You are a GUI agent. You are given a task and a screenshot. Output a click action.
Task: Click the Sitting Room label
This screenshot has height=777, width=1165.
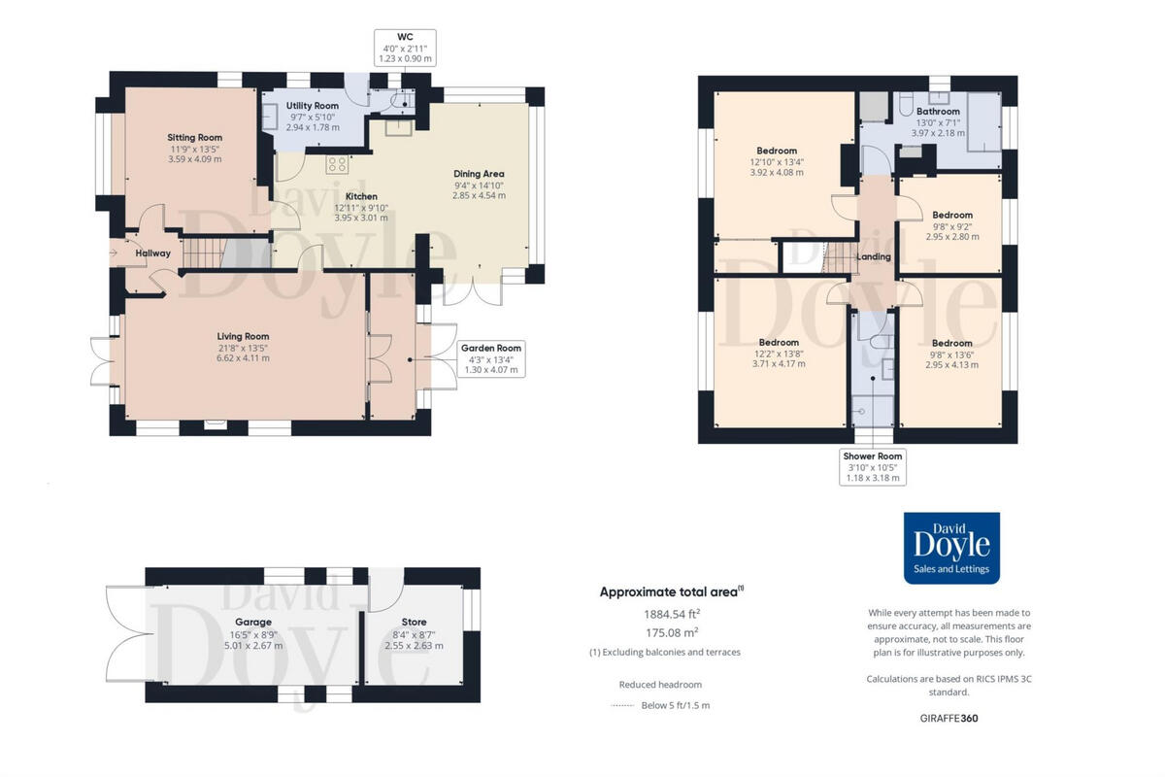coord(195,138)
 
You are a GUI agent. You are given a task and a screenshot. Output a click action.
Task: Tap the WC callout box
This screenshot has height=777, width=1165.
coord(405,47)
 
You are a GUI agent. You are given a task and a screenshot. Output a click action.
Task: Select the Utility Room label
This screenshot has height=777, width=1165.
coord(313,106)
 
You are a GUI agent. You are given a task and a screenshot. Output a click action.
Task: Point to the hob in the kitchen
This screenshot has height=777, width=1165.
coord(337,163)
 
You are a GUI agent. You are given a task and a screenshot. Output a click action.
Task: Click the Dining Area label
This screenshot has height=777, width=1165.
coord(479,174)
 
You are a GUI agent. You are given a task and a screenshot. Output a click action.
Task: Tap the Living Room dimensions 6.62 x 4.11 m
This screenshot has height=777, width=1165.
coord(243,358)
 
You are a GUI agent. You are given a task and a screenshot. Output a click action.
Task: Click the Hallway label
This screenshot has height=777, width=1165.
coord(153,253)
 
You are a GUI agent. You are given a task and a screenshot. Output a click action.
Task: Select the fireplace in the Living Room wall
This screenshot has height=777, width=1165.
coord(214,424)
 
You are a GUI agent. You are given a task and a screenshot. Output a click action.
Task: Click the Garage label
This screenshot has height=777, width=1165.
coord(252,622)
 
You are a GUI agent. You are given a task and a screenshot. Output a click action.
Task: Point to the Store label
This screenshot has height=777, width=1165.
coord(414,622)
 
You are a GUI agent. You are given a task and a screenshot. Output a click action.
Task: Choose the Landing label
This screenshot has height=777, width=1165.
coord(874,256)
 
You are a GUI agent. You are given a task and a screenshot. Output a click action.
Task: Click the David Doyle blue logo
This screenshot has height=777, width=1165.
coord(951,548)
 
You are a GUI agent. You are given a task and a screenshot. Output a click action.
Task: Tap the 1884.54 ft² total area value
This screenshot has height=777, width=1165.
coord(672,614)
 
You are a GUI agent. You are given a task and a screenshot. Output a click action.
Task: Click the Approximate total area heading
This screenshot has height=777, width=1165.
coord(671,591)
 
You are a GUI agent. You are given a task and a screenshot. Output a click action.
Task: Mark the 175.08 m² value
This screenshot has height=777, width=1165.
coord(672,632)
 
